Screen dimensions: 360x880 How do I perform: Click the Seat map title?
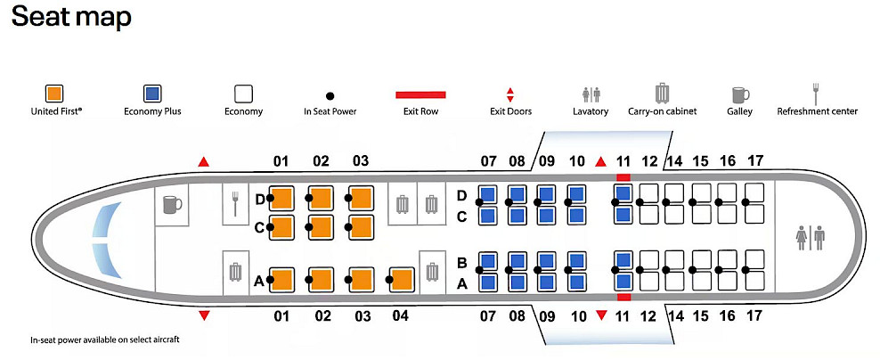[x=71, y=17]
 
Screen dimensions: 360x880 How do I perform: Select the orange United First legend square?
[x=55, y=93]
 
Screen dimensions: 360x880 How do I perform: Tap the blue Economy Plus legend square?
[x=152, y=93]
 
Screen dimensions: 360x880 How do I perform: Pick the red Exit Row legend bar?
[x=420, y=93]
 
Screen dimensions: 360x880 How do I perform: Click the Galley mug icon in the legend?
[x=739, y=94]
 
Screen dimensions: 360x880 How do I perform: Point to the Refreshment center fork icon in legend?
[x=816, y=92]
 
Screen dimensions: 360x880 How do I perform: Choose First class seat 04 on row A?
[x=402, y=280]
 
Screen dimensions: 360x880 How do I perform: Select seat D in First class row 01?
[x=282, y=198]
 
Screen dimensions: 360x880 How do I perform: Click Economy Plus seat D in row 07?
[x=488, y=195]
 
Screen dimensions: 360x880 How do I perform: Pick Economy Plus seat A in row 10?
[x=576, y=282]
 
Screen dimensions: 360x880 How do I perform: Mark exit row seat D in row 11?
[x=623, y=194]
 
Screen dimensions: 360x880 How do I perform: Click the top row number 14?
[x=674, y=161]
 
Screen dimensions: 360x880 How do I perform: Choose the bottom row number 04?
[x=401, y=315]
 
